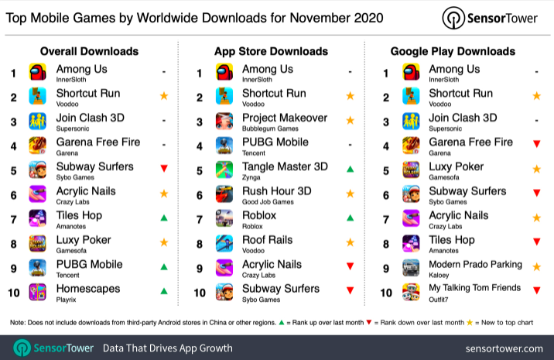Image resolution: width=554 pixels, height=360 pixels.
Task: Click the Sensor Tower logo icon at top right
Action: click(x=453, y=18)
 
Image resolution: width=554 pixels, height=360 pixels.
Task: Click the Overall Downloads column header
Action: click(x=89, y=51)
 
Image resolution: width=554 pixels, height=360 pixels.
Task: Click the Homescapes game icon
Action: click(x=37, y=292)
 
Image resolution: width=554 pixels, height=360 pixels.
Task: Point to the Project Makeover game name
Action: click(x=285, y=118)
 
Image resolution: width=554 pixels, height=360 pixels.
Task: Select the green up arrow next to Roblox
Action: click(x=351, y=218)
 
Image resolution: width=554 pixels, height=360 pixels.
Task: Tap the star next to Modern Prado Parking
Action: click(x=537, y=266)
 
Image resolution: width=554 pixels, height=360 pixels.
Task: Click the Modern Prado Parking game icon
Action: click(x=411, y=268)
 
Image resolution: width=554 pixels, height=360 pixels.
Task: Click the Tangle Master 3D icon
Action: click(x=224, y=170)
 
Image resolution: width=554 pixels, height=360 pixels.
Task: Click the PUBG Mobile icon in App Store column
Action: click(x=224, y=146)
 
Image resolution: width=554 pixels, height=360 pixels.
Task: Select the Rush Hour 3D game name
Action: click(x=276, y=190)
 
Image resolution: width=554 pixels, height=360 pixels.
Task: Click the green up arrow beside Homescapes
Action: click(x=163, y=291)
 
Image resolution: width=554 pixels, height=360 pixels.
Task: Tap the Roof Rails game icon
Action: click(x=224, y=243)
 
